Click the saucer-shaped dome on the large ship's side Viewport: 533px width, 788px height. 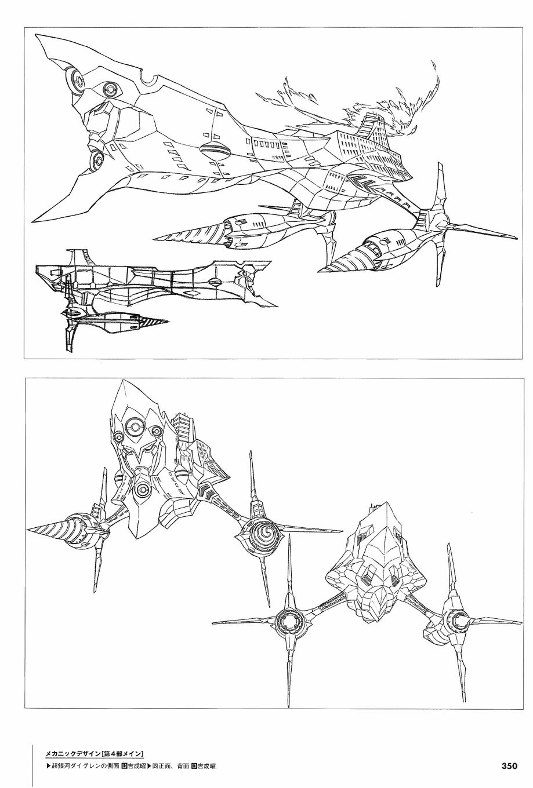215,151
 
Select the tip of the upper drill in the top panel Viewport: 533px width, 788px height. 154,240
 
